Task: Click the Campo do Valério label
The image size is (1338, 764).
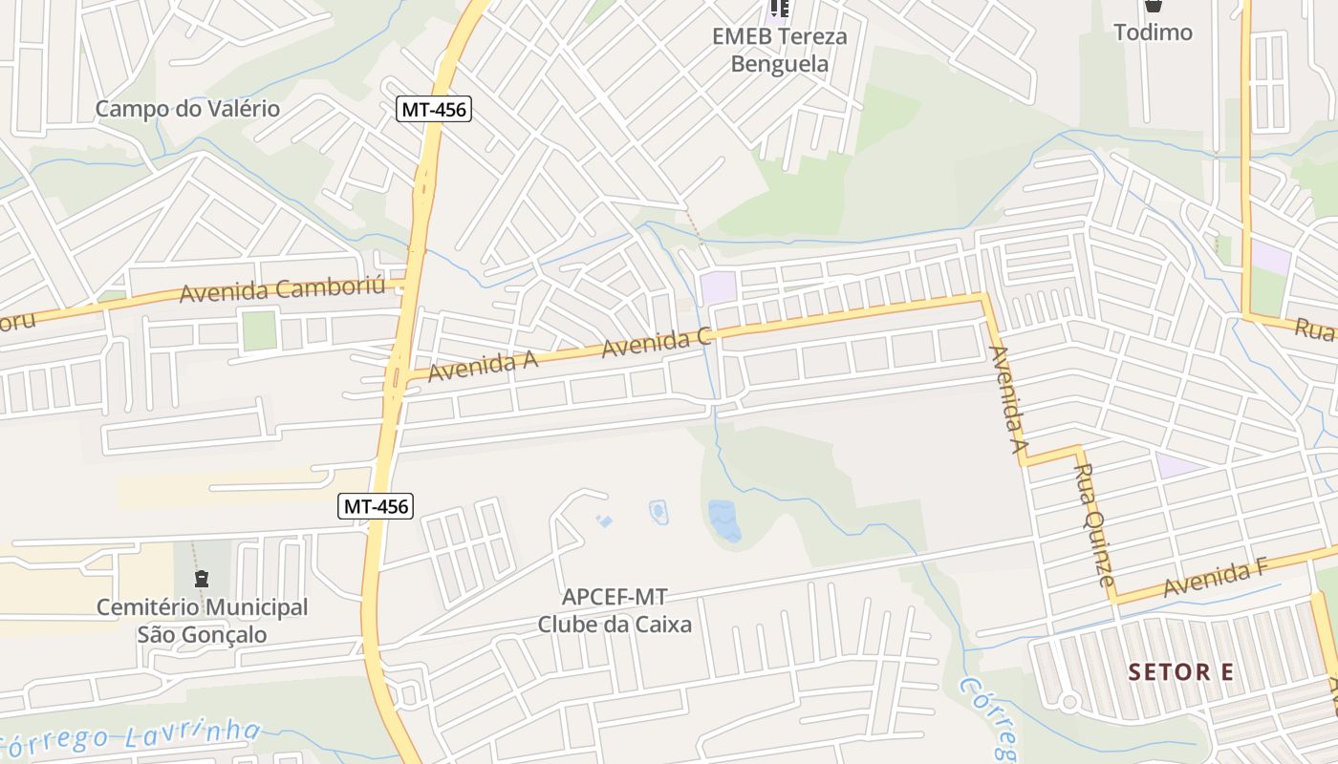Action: [x=187, y=109]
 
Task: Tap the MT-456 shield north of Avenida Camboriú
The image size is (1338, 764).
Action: [x=434, y=109]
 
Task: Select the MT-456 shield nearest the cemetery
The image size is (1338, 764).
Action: [x=377, y=506]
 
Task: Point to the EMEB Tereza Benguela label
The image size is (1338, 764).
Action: [x=779, y=51]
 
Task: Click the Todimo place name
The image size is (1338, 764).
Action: [x=1154, y=32]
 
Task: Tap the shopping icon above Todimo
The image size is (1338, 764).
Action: [x=1154, y=6]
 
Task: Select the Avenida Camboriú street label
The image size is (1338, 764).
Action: [x=281, y=288]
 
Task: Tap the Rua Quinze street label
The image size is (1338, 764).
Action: [x=1094, y=524]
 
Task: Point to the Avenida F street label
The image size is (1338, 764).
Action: [x=1215, y=579]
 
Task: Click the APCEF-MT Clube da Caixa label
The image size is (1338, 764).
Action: [x=615, y=611]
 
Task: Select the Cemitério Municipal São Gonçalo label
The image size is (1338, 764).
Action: [x=203, y=621]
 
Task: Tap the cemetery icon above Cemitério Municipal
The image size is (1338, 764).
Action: [x=202, y=579]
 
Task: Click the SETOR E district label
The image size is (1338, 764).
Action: [x=1180, y=672]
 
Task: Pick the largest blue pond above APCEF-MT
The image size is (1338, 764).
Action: [x=724, y=520]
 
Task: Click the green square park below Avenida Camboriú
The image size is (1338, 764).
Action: [x=259, y=330]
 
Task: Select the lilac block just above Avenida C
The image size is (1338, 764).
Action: [x=718, y=286]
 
